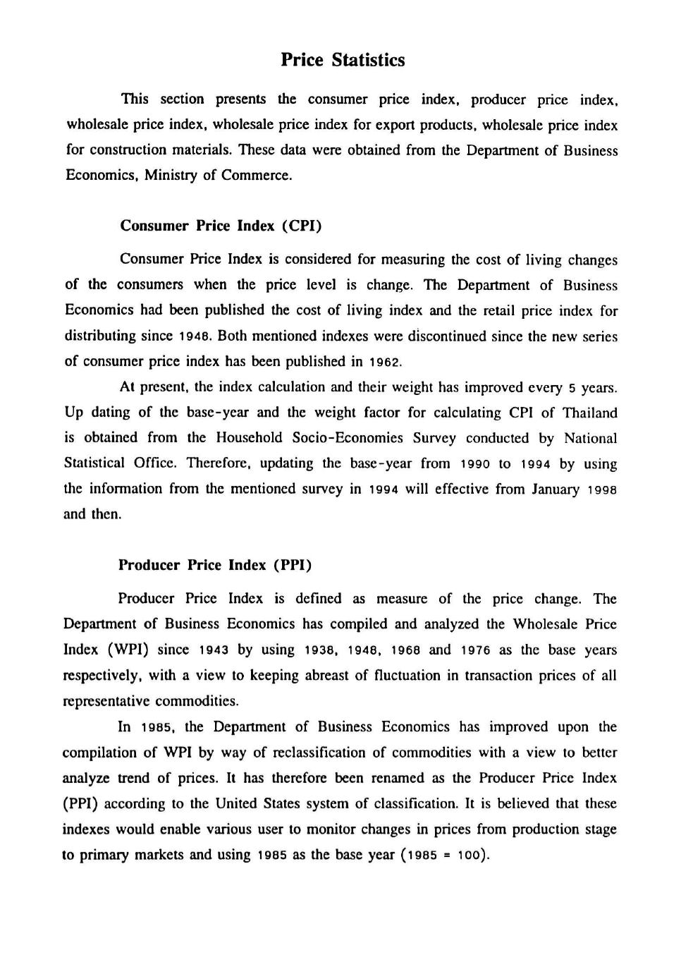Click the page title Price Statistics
343,60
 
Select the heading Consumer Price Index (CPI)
221,226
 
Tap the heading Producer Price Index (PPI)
215,565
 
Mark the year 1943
214,650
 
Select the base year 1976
475,650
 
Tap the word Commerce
256,175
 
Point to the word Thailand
589,413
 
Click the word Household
250,438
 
